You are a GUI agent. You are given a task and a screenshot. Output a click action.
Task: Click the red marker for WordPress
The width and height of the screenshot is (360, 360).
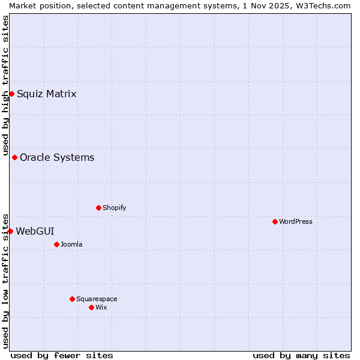pyautogui.click(x=275, y=221)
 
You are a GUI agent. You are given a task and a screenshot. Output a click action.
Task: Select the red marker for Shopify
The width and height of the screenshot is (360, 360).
pyautogui.click(x=98, y=208)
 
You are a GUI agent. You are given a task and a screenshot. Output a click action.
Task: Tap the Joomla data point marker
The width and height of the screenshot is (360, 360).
pyautogui.click(x=56, y=244)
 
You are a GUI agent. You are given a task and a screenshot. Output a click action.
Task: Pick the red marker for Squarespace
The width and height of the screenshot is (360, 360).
pyautogui.click(x=72, y=299)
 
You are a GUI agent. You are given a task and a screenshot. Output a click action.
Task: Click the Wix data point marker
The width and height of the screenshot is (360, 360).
pyautogui.click(x=91, y=307)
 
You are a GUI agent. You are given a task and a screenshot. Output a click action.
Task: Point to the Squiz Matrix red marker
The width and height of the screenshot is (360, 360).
pyautogui.click(x=11, y=94)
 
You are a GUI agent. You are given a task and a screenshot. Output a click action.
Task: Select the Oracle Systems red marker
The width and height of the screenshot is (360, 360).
pyautogui.click(x=14, y=157)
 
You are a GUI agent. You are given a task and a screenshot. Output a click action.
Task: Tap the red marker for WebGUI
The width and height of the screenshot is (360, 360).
pyautogui.click(x=10, y=231)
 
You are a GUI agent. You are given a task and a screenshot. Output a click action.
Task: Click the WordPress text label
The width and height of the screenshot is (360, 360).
pyautogui.click(x=296, y=221)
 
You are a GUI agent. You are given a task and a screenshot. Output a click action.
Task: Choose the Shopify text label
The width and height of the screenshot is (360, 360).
pyautogui.click(x=115, y=208)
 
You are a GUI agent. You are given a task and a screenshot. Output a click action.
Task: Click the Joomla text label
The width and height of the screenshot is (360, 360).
pyautogui.click(x=71, y=244)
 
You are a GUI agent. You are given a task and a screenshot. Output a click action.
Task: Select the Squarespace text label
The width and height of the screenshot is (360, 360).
pyautogui.click(x=97, y=299)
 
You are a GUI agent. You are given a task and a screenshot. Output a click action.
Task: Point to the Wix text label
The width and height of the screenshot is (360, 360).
pyautogui.click(x=101, y=307)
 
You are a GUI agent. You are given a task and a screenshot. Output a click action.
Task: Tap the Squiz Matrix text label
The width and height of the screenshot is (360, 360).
pyautogui.click(x=47, y=94)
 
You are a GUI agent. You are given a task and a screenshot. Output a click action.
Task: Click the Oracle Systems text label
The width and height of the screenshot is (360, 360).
pyautogui.click(x=57, y=157)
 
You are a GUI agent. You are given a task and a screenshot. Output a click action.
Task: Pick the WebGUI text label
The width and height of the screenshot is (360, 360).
pyautogui.click(x=35, y=231)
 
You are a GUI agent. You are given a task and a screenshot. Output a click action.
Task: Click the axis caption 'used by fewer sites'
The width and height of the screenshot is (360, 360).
pyautogui.click(x=62, y=355)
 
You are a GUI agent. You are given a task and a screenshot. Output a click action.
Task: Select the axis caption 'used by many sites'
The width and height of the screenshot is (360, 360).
pyautogui.click(x=301, y=355)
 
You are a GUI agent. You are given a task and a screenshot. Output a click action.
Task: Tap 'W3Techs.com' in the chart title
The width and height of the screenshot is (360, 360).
pyautogui.click(x=326, y=5)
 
